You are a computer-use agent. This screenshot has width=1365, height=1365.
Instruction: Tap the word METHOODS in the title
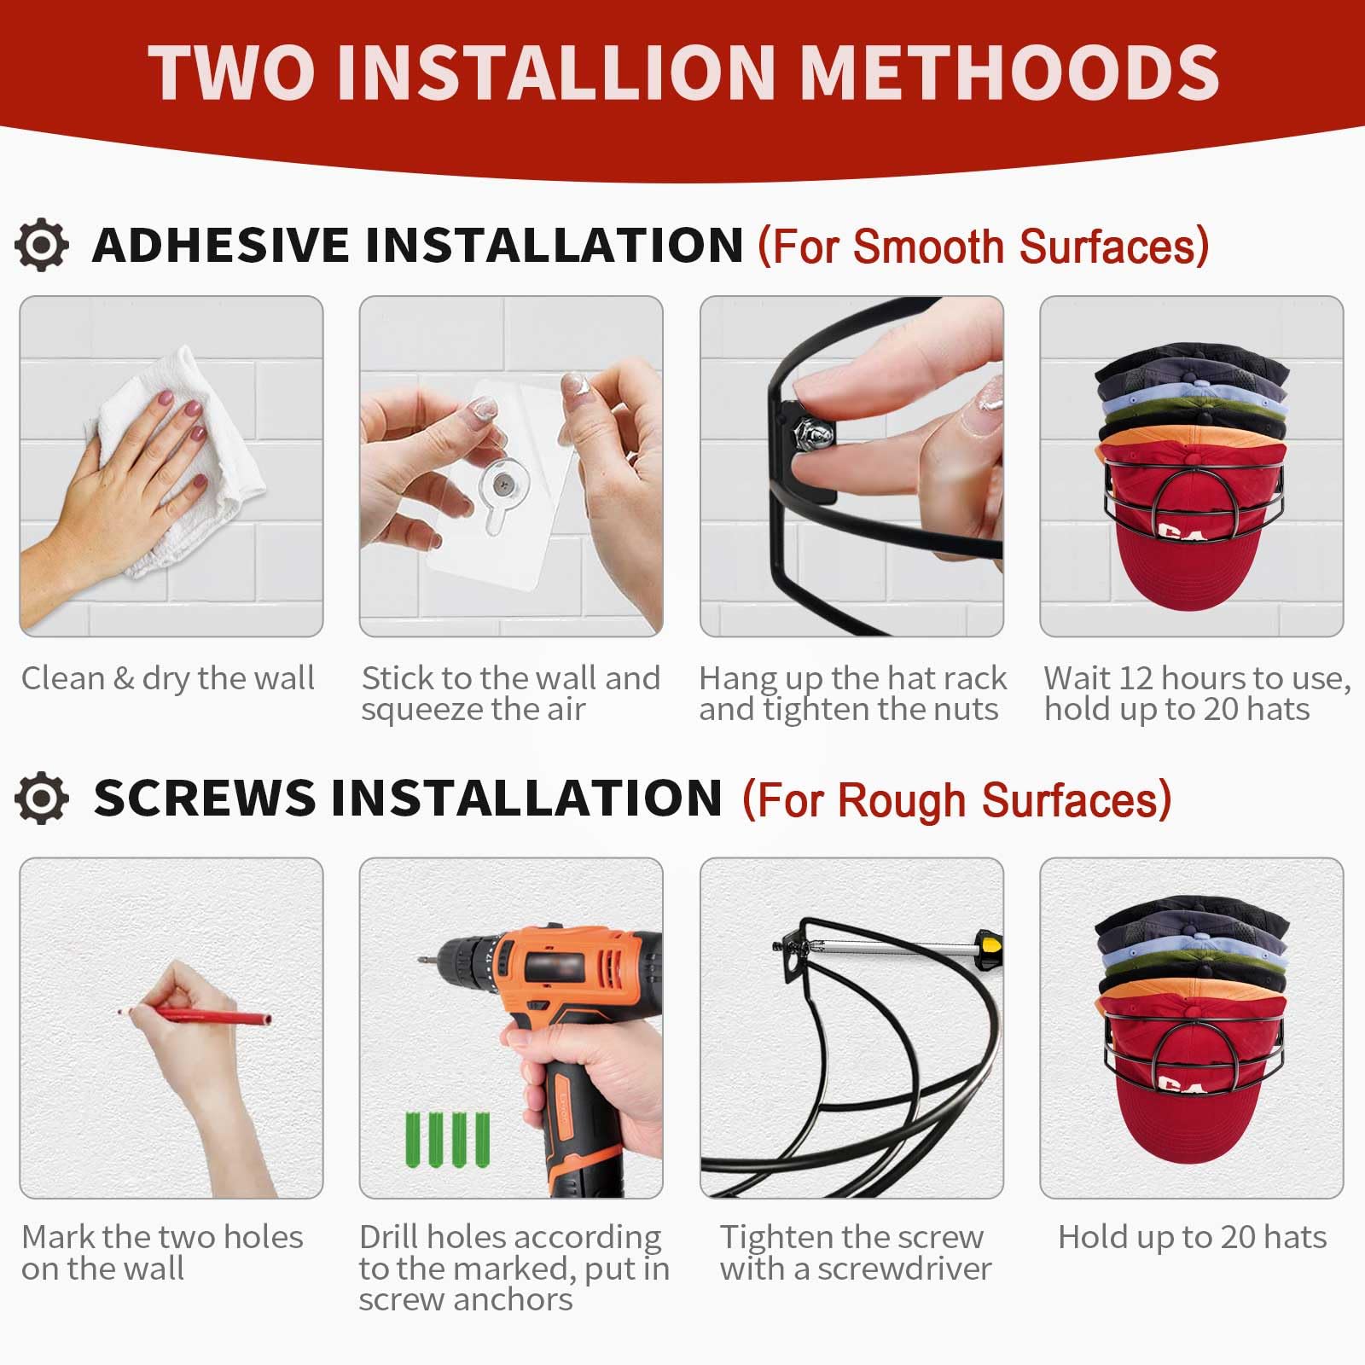tap(1010, 72)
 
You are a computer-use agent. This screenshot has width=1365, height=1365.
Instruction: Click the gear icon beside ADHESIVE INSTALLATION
tap(42, 246)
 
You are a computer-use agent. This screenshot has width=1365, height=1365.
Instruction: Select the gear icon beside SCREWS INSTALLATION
tap(42, 799)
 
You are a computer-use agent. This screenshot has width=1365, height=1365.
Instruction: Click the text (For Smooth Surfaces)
tap(984, 247)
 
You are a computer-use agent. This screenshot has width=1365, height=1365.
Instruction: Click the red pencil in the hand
tap(195, 1015)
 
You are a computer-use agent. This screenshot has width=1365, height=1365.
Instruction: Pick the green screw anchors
tap(447, 1139)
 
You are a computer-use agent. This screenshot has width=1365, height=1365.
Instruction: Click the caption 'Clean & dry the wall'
tap(168, 678)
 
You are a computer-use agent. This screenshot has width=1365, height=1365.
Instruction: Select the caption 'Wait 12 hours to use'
tap(1198, 678)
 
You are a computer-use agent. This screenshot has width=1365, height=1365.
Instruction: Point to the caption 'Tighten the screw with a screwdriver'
tap(855, 1252)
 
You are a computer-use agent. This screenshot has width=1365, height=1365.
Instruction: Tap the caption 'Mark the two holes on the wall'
tap(162, 1252)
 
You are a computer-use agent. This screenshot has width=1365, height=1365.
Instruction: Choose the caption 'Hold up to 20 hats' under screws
tap(1193, 1237)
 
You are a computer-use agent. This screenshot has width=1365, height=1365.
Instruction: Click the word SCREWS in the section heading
tap(204, 799)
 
